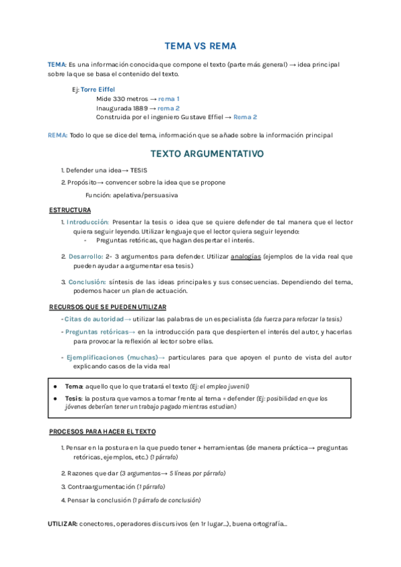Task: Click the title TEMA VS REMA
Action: coord(200,46)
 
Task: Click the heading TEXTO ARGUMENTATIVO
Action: coord(207,154)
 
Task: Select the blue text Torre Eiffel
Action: coord(98,89)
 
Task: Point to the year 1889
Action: coord(140,108)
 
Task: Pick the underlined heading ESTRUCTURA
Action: coord(70,210)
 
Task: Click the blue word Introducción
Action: coord(88,222)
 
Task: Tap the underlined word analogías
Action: coord(245,256)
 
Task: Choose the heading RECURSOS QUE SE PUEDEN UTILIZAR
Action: coord(108,306)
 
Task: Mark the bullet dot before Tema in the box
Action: coord(55,386)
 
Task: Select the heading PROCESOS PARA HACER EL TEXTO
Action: coord(102,432)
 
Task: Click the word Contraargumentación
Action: coord(100,487)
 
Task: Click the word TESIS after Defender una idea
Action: coord(139,171)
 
